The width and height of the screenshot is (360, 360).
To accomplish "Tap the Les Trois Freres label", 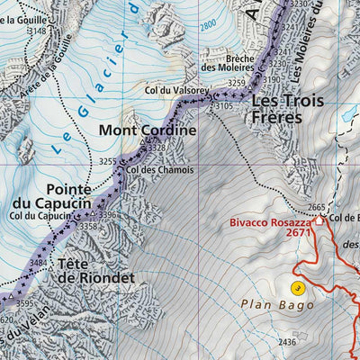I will [286, 108].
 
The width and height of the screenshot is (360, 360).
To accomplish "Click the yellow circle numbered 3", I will [297, 288].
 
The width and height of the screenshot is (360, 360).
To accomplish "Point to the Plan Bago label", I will [277, 305].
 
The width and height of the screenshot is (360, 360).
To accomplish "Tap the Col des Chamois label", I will [156, 168].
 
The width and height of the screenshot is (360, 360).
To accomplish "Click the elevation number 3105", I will [225, 105].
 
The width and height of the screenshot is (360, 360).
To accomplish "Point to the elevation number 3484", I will [39, 262].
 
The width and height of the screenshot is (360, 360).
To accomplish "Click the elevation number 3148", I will [37, 31].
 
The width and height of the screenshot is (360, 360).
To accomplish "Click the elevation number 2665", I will [316, 208].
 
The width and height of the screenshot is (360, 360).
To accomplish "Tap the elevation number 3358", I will [88, 227].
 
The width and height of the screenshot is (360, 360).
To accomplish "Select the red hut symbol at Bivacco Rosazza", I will [322, 219].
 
